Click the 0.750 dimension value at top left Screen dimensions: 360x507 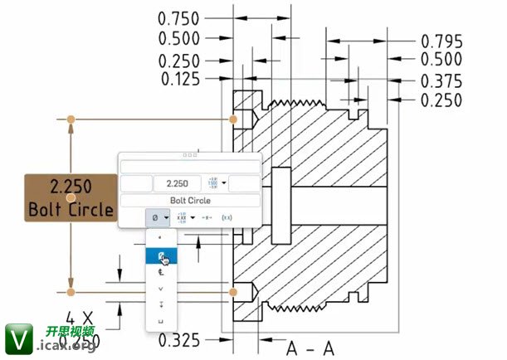pos(178,17)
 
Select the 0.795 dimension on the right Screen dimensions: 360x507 pos(442,41)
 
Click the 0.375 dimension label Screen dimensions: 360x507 pos(442,80)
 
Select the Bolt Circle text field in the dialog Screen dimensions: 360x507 pos(190,201)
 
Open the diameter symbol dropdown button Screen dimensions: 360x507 pos(158,217)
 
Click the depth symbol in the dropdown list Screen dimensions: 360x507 pos(161,304)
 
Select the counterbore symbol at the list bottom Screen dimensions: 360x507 pos(161,320)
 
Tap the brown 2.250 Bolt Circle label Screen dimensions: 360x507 pos(70,197)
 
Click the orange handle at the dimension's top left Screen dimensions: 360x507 pos(71,120)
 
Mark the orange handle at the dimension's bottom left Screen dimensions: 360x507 pos(71,292)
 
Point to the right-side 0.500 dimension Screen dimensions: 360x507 pos(442,60)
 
